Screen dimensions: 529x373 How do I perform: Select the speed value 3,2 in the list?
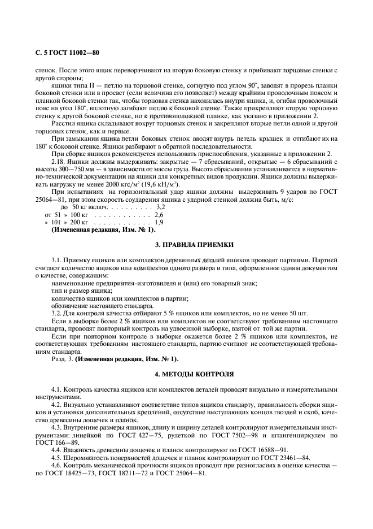(x=144, y=208)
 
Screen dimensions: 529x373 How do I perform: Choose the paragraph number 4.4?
(x=58, y=450)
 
